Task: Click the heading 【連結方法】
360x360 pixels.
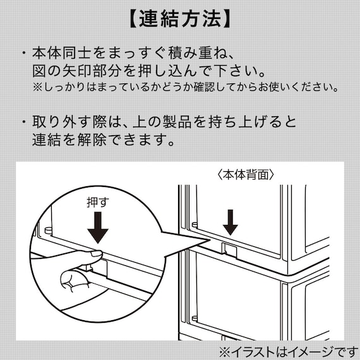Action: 179,19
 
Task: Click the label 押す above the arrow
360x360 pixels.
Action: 98,203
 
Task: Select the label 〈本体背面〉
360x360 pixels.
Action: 243,173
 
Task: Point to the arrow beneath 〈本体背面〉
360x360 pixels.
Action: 231,220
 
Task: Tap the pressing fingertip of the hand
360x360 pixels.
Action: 95,254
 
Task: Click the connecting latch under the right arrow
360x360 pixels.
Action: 229,248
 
